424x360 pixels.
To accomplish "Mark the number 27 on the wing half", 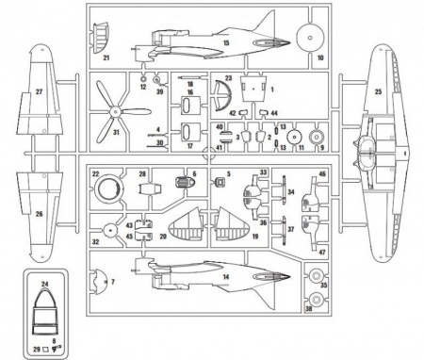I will tap(40, 91).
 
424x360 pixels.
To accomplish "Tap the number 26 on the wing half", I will tap(39, 215).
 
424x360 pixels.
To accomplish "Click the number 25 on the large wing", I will tap(380, 92).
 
